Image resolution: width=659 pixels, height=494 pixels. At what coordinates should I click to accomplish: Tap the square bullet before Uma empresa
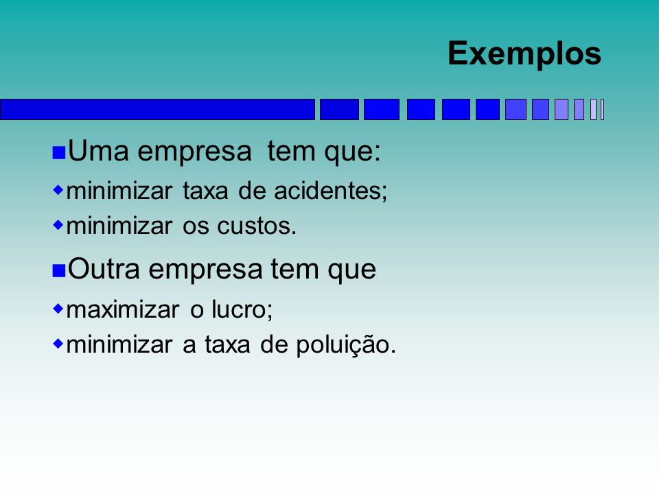[x=59, y=153]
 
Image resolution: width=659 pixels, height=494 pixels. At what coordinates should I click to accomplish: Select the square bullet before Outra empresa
[x=59, y=271]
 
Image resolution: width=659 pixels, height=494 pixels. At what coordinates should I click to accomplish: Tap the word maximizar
[x=123, y=310]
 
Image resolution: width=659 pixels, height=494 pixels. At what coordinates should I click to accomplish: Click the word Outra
[x=104, y=269]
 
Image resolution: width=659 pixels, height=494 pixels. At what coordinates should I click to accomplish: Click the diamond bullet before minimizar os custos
[x=58, y=225]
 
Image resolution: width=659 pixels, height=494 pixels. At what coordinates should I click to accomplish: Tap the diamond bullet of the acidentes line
[x=58, y=190]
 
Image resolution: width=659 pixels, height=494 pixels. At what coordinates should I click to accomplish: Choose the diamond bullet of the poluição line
[x=58, y=344]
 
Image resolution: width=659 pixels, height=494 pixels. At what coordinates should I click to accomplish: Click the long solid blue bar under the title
[x=158, y=110]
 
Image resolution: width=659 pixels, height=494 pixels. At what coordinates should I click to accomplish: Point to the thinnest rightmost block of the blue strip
[x=602, y=110]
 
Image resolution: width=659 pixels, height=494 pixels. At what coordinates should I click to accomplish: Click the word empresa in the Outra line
[x=206, y=270]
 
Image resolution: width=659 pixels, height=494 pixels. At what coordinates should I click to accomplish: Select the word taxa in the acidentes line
[x=205, y=191]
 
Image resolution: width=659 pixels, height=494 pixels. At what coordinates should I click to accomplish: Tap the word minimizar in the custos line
[x=119, y=226]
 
